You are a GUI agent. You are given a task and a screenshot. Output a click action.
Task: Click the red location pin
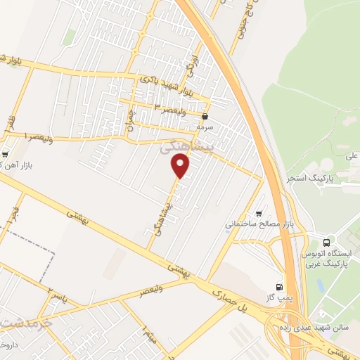coord(181,167)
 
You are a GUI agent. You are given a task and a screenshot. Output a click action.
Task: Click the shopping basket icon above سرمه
coord(205,117)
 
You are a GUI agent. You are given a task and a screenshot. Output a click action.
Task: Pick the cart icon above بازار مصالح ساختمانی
coord(259,213)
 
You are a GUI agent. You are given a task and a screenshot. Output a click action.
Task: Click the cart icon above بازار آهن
coord(6,154)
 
